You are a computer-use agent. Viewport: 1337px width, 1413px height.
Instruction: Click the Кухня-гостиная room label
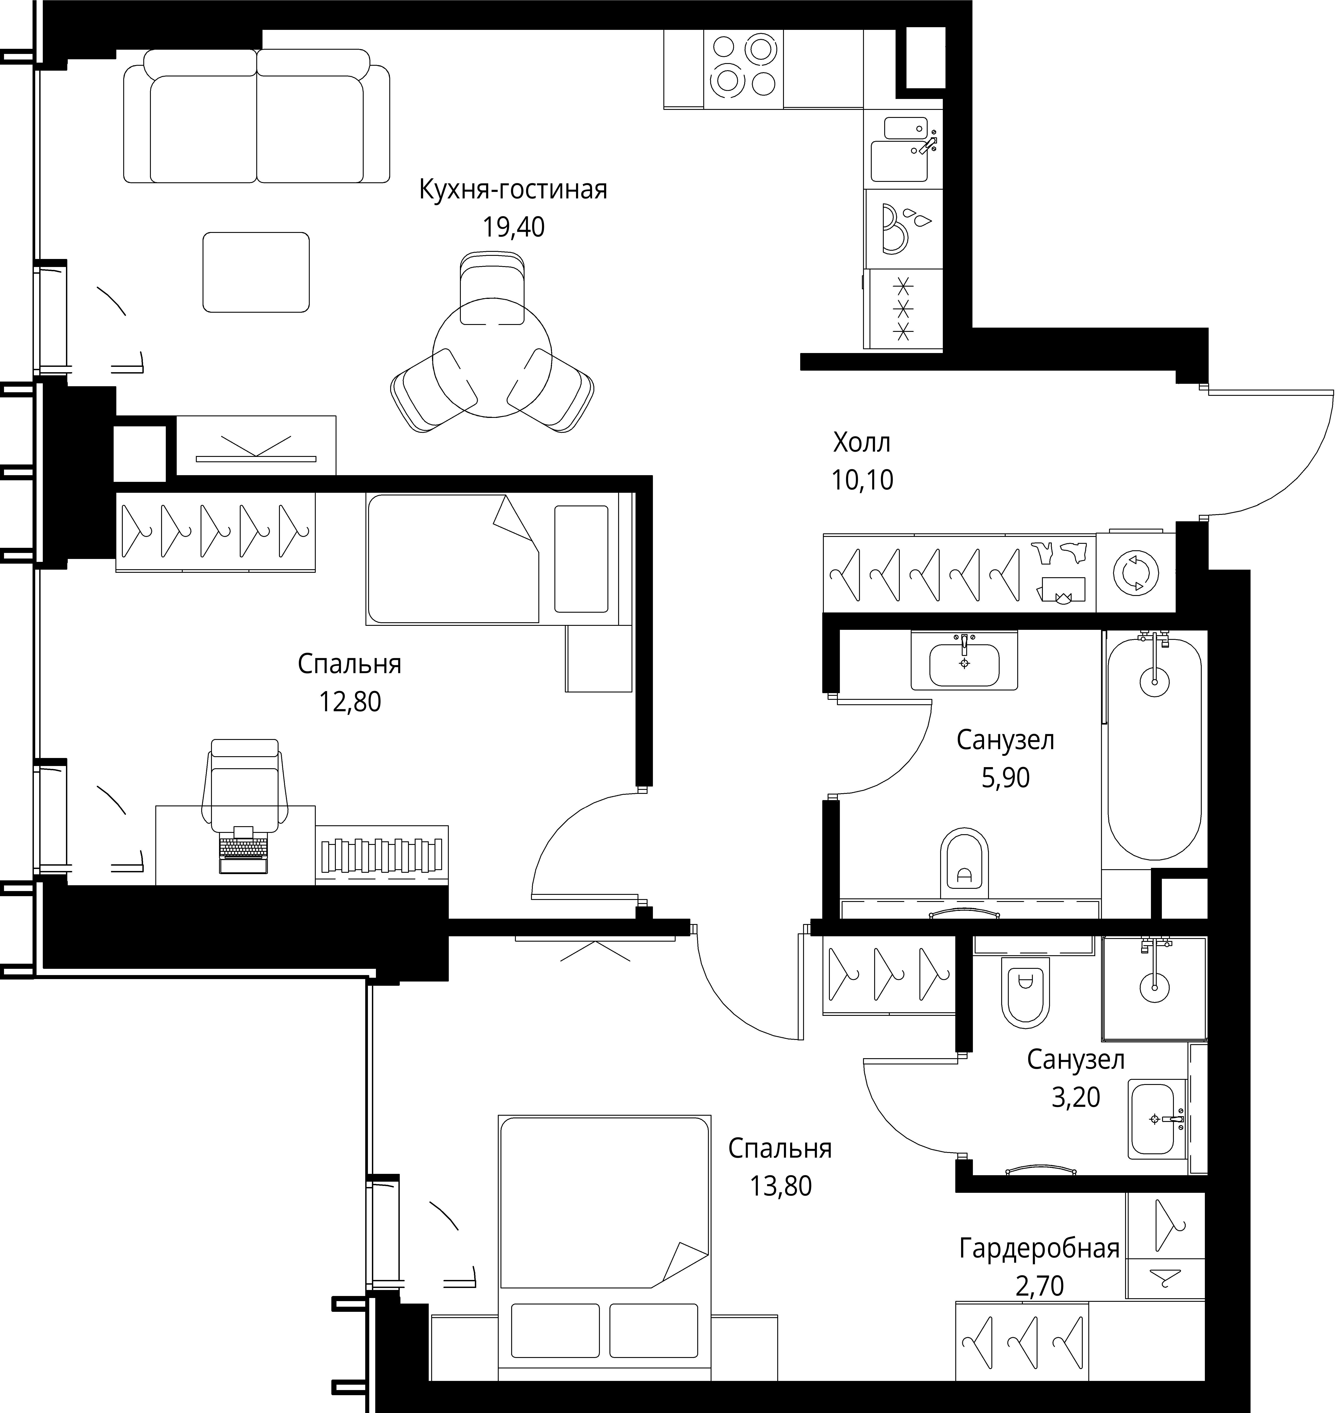pyautogui.click(x=513, y=190)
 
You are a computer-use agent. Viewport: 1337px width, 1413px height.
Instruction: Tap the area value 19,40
pyautogui.click(x=513, y=227)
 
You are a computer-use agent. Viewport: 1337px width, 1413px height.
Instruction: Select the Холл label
pyautogui.click(x=862, y=444)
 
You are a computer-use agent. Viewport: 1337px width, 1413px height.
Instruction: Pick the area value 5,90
pyautogui.click(x=1006, y=778)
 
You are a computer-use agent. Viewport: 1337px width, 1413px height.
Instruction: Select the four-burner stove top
pyautogui.click(x=743, y=69)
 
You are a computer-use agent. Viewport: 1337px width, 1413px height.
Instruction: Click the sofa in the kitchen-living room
pyautogui.click(x=256, y=115)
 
